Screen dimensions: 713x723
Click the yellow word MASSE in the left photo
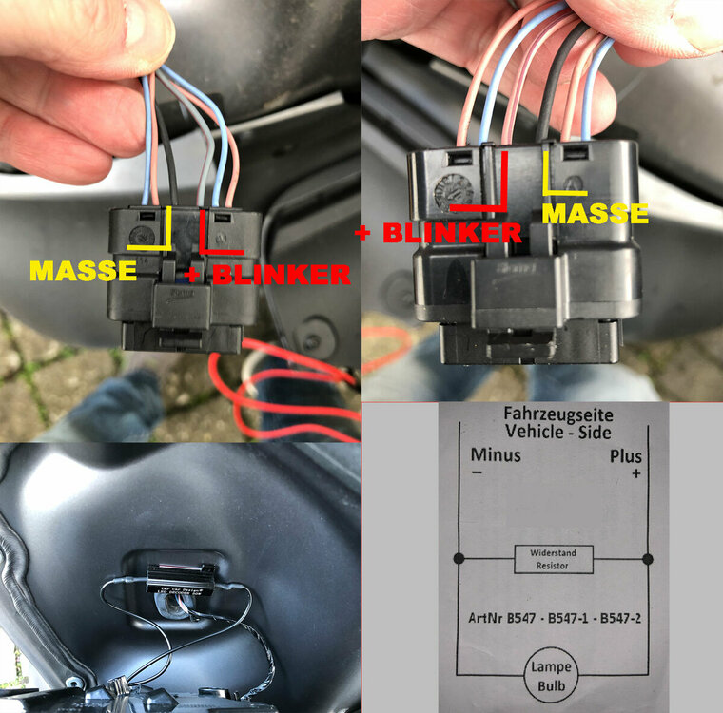tap(83, 271)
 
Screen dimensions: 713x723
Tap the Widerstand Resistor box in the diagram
tap(553, 559)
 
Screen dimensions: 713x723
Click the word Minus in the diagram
tap(496, 455)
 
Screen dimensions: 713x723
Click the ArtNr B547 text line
tap(553, 618)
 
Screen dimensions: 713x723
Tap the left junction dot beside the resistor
tap(459, 558)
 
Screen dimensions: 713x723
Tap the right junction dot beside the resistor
tap(647, 558)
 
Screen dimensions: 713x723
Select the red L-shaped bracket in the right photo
tap(485, 190)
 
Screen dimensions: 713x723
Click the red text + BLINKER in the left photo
tap(268, 275)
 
